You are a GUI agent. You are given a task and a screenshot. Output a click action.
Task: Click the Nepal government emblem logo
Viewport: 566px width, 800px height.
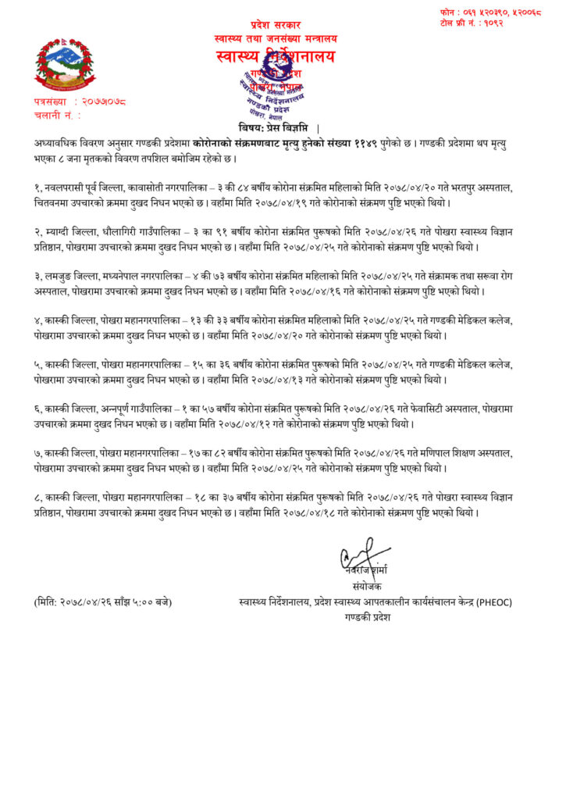click(x=65, y=64)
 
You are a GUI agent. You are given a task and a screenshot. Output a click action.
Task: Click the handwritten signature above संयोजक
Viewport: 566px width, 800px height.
click(x=365, y=559)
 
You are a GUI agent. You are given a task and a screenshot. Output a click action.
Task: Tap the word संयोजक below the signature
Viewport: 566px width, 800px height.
click(x=366, y=587)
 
